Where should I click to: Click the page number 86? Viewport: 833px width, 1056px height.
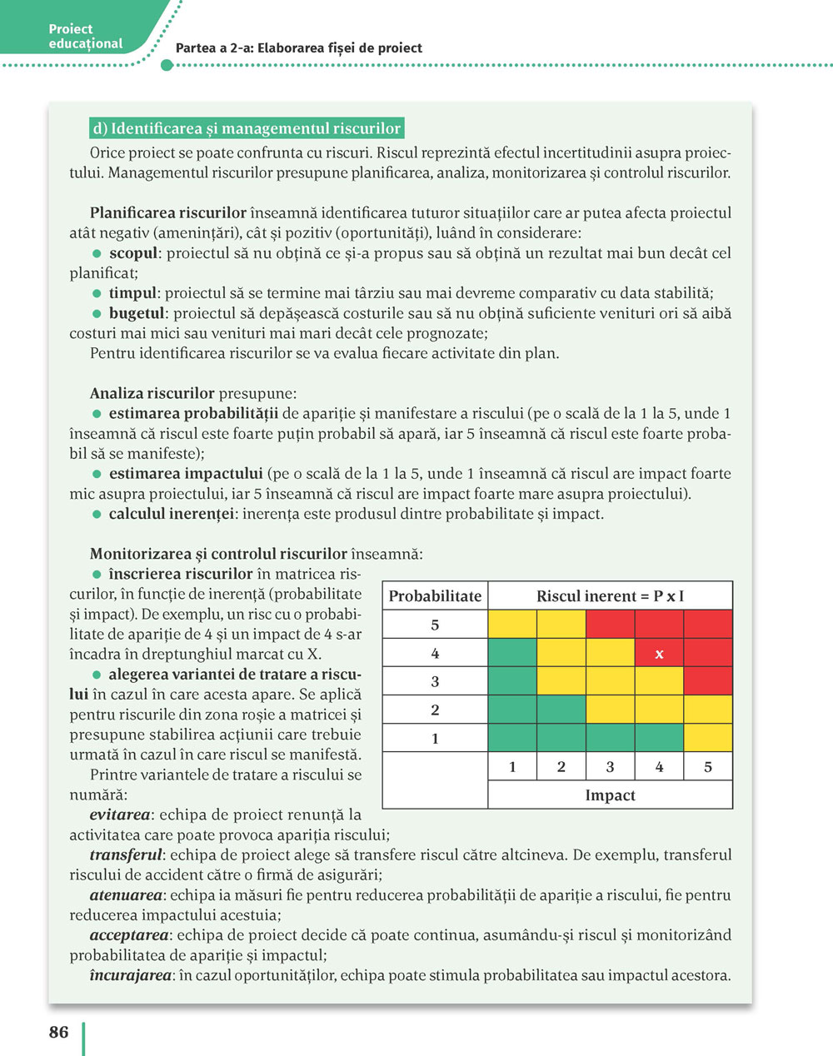click(58, 1032)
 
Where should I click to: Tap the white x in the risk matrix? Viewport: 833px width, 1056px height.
click(659, 654)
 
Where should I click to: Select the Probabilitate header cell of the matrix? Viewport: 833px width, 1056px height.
click(435, 596)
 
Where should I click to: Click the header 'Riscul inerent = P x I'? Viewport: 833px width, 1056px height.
click(610, 596)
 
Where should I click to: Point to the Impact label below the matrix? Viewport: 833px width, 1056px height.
click(610, 795)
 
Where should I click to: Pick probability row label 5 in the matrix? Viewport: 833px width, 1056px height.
click(435, 625)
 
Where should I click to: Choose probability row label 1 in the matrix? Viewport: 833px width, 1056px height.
click(435, 739)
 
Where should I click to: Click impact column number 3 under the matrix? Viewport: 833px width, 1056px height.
click(610, 767)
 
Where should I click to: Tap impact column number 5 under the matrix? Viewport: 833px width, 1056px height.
click(708, 767)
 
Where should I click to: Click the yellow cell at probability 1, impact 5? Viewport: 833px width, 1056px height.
click(708, 738)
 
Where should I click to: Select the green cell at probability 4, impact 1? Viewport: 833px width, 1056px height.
click(512, 653)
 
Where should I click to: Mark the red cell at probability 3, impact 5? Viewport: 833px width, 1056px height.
click(708, 681)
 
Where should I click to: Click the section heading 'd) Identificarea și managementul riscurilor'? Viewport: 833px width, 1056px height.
click(247, 129)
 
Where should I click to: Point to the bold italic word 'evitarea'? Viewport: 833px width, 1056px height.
click(120, 815)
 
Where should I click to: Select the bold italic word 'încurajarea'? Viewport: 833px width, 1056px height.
click(130, 975)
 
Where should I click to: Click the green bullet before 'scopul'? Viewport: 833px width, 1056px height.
click(97, 253)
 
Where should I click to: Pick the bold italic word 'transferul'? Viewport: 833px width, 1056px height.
click(126, 855)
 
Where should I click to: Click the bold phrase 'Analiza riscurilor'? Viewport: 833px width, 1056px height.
click(152, 394)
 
